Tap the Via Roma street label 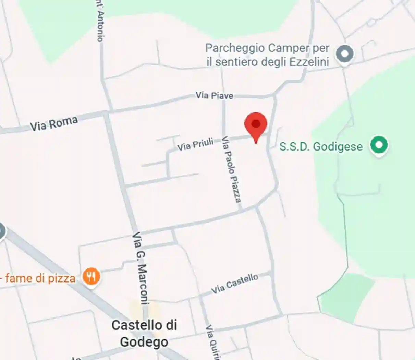click(54, 123)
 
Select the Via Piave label click(215, 95)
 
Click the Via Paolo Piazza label click(231, 169)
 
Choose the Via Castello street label click(235, 284)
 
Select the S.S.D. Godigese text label click(321, 146)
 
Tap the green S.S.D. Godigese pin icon click(379, 145)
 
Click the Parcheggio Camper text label click(267, 55)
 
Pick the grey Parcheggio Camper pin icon click(344, 54)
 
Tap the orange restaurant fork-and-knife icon click(91, 276)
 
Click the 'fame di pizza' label click(40, 278)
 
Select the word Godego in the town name click(144, 342)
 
